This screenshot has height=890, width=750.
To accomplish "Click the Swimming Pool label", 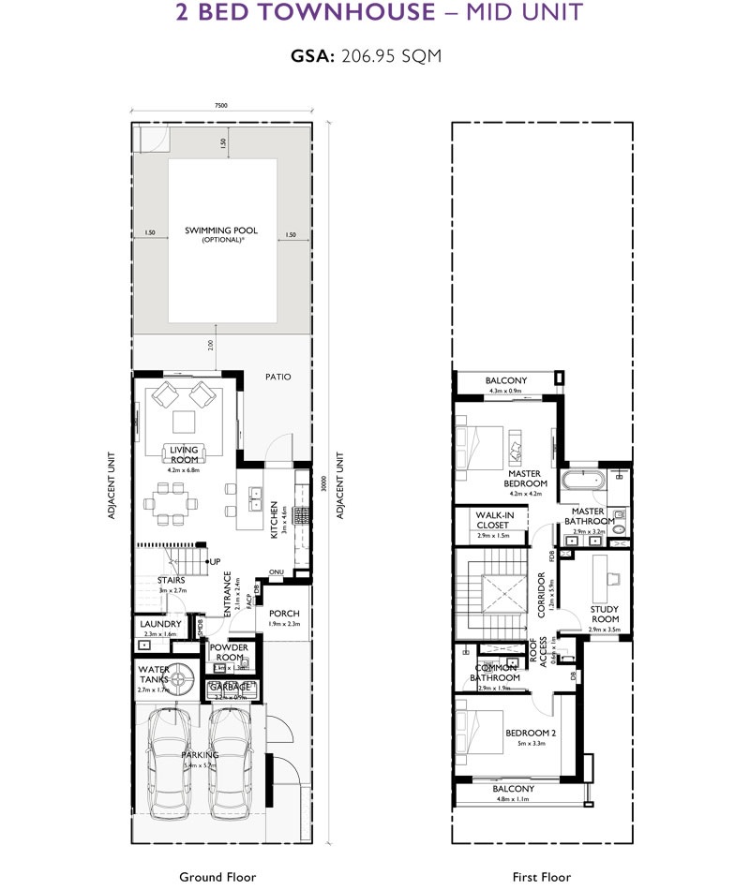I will click(x=221, y=230).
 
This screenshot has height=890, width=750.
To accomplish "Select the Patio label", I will click(x=277, y=377).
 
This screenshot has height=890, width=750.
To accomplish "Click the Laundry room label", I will click(x=159, y=624).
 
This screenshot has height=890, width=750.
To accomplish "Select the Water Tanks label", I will click(x=154, y=675).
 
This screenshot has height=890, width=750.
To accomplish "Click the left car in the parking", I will click(x=170, y=761).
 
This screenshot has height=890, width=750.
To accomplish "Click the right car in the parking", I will click(x=231, y=761).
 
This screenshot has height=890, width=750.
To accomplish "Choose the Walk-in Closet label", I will click(x=492, y=520).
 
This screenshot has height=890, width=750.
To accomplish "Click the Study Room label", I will click(x=605, y=614).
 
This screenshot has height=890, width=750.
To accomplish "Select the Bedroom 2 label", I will click(x=532, y=733).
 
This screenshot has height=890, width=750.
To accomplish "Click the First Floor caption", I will click(x=541, y=877).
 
